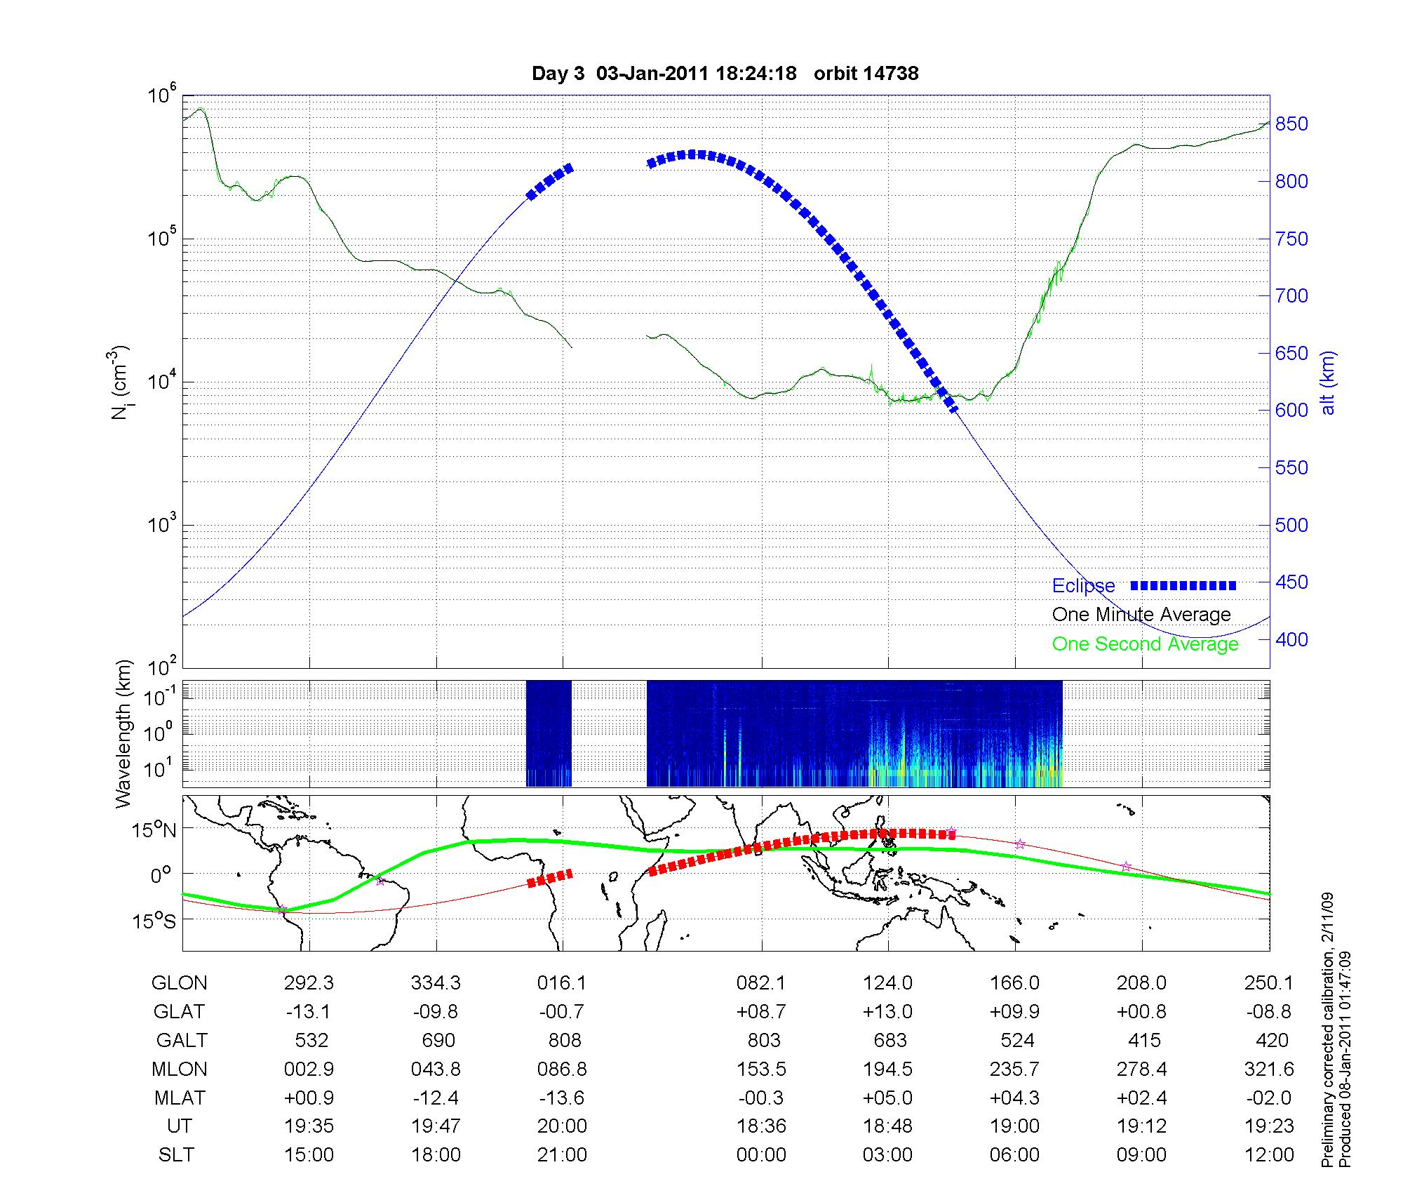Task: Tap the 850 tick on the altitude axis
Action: click(x=1291, y=124)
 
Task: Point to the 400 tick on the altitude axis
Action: click(x=1291, y=639)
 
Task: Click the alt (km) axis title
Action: click(x=1328, y=382)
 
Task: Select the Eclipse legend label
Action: click(x=1083, y=586)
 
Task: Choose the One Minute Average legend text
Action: click(x=1141, y=615)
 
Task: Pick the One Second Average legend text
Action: click(x=1145, y=644)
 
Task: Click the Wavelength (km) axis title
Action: click(x=124, y=733)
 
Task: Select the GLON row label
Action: click(x=180, y=983)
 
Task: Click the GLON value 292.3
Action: click(x=309, y=983)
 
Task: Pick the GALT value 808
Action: click(x=564, y=1040)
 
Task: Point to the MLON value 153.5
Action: click(x=761, y=1069)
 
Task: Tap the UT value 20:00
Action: click(x=562, y=1126)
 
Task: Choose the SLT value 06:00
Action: click(x=1014, y=1154)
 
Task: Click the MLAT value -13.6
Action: click(x=562, y=1098)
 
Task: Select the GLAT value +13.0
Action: click(x=887, y=1012)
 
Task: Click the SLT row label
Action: click(x=176, y=1154)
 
